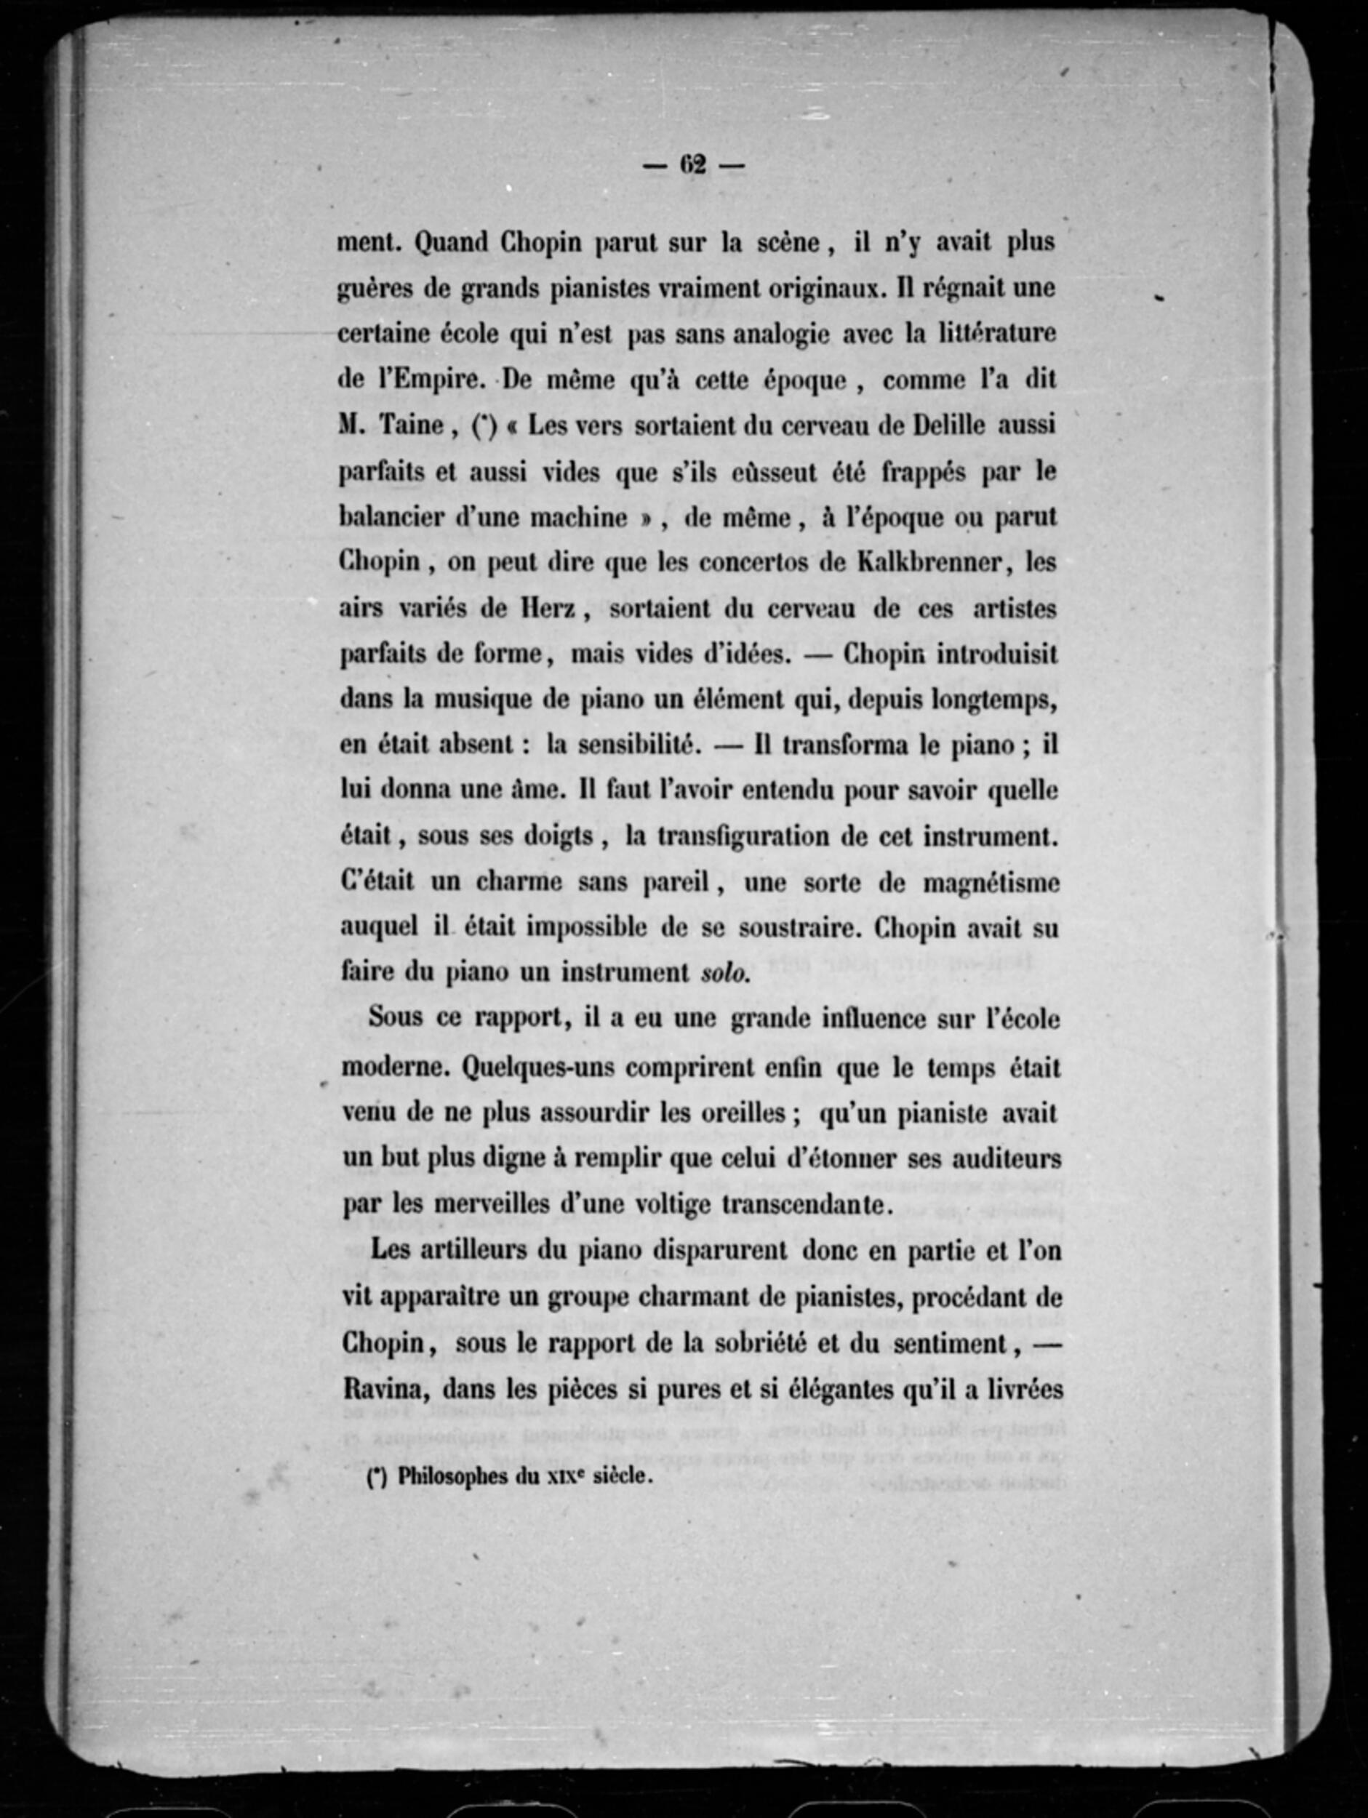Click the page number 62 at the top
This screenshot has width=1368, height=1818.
(693, 165)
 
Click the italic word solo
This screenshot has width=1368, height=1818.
(724, 973)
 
